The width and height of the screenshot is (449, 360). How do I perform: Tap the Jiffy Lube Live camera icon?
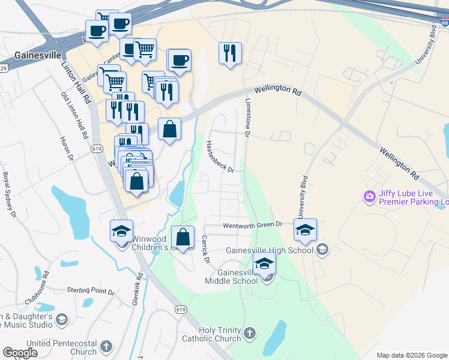click(369, 196)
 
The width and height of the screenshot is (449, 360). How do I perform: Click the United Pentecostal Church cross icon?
click(106, 346)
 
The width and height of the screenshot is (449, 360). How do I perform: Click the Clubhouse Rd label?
click(35, 289)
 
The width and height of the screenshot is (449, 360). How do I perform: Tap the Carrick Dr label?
click(205, 249)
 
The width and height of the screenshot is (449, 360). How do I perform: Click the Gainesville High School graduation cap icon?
click(322, 250)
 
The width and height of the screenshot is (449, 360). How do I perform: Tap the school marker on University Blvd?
click(305, 230)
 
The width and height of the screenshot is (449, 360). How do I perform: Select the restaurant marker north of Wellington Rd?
click(230, 54)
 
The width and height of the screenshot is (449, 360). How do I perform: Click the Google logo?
click(20, 353)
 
